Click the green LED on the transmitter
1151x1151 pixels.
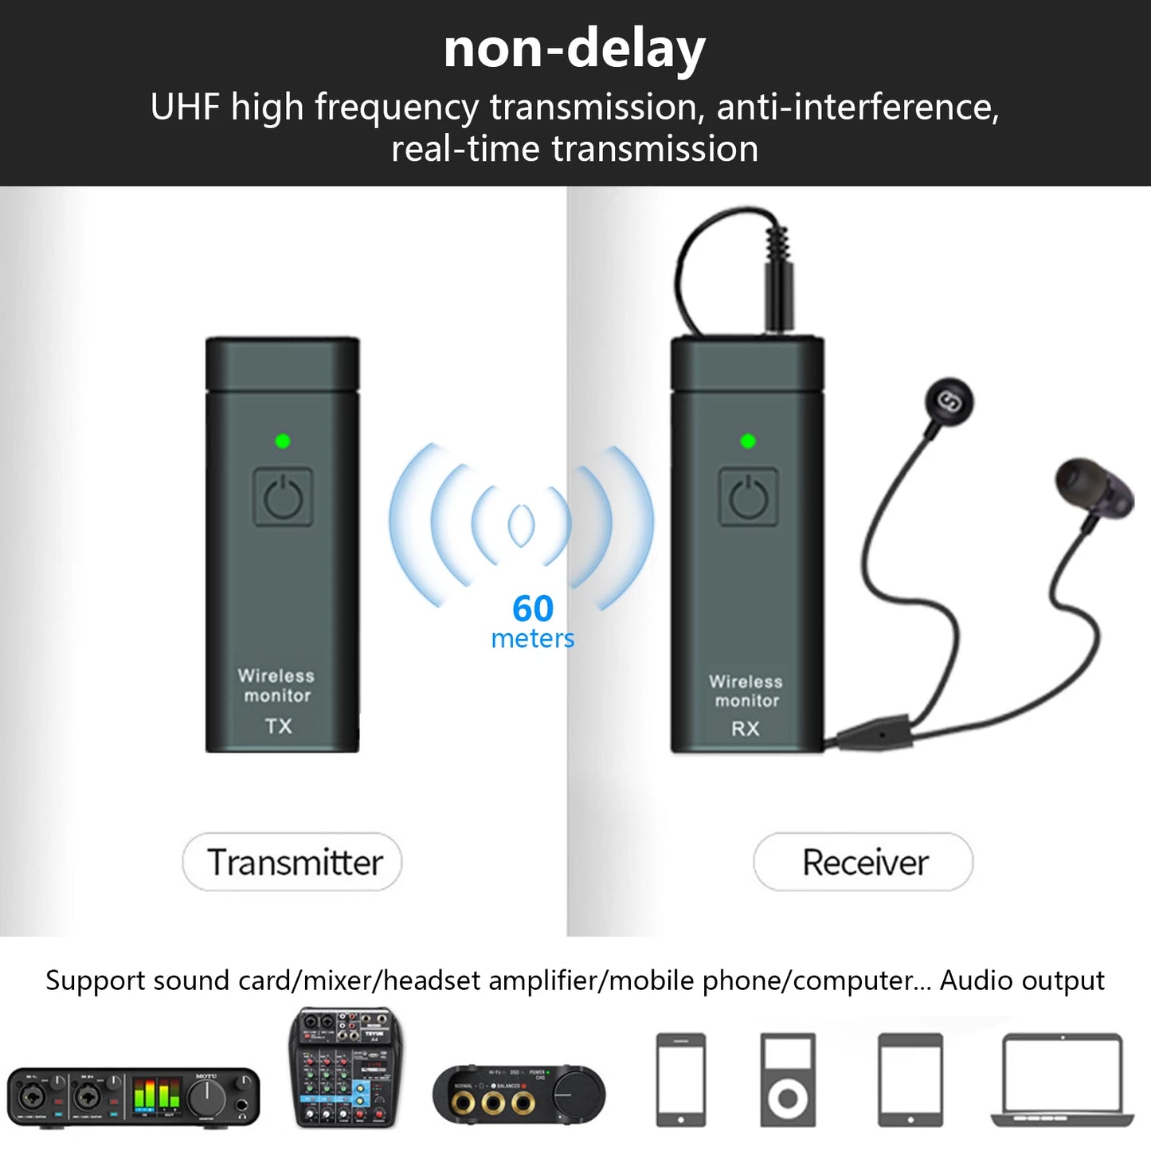pos(282,440)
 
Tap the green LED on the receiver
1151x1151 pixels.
pos(747,440)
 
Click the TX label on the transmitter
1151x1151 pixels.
pos(279,726)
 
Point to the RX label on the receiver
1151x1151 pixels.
pos(746,729)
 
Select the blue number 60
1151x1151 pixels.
pos(533,609)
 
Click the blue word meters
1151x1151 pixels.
pos(533,639)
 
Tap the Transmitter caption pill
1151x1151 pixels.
pos(292,862)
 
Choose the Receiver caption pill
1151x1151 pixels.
pos(863,862)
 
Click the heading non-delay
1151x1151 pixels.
pos(574,49)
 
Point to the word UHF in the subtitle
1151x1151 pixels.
pos(184,108)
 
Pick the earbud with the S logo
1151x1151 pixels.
pos(949,402)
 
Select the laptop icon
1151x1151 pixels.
pos(1063,1079)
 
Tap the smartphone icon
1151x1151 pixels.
pos(680,1079)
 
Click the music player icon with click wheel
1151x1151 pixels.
pos(787,1079)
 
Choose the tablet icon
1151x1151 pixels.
pos(910,1079)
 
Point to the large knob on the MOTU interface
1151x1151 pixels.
pos(207,1098)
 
